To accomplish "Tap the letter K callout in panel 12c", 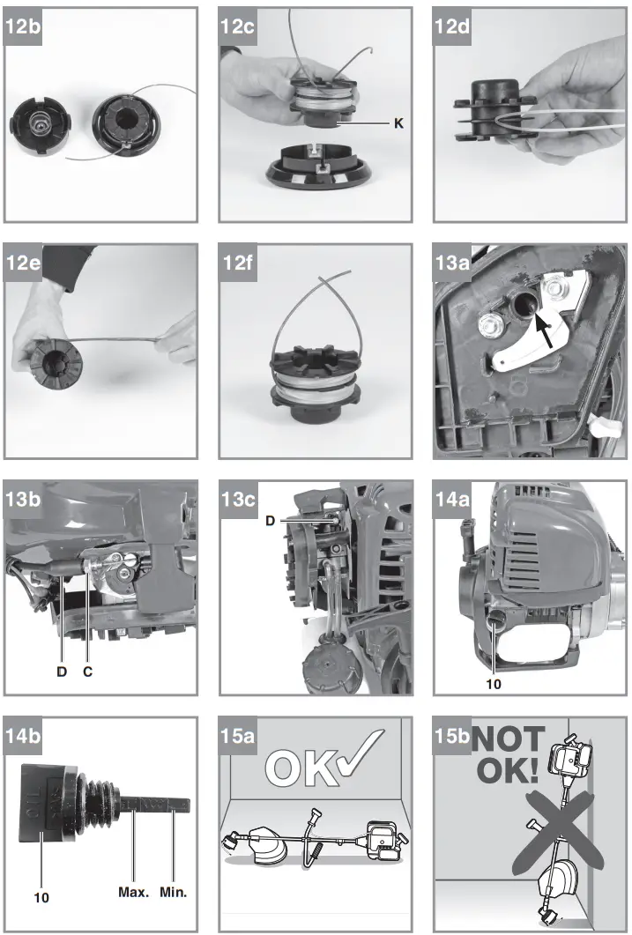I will coord(398,124).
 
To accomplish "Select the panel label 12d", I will coord(452,26).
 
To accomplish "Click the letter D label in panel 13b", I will coord(62,671).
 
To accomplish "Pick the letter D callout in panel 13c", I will coord(271,522).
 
